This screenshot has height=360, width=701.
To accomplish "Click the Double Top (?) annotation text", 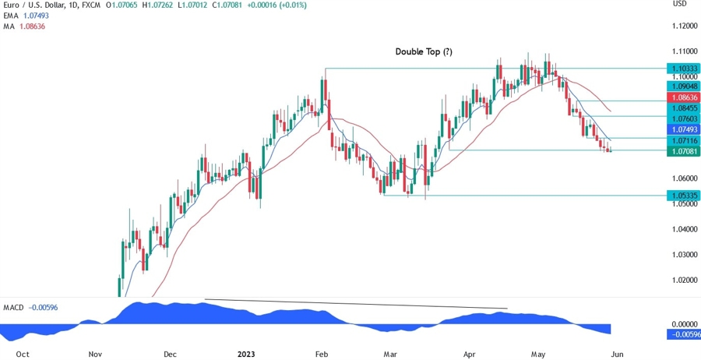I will coord(424,51).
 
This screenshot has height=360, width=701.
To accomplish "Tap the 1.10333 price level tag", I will coord(683,69).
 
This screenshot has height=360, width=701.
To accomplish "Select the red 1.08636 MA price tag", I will coord(683,97).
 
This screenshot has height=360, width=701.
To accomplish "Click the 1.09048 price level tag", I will coord(683,86).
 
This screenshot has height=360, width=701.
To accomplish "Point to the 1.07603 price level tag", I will coord(683,117).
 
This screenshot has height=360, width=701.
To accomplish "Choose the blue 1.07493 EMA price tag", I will coord(683,129).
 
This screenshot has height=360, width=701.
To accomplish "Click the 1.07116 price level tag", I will coord(683,140).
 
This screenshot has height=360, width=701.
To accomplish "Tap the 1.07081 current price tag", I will coord(683,151).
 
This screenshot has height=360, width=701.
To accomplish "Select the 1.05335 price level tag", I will coord(683,195).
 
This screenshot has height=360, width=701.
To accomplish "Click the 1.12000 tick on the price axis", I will coord(683,26).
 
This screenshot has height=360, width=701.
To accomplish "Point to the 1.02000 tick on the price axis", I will coord(683,280).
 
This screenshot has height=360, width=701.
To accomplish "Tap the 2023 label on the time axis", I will coord(246,353).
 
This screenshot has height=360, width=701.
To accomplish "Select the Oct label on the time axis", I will coord(23,353).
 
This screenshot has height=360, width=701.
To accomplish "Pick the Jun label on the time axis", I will coord(618,353).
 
